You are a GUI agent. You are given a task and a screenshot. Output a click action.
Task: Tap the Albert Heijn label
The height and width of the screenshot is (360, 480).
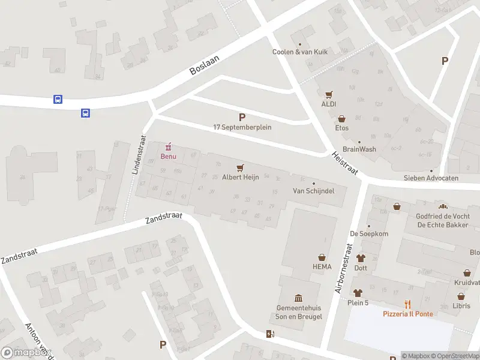point(240,178)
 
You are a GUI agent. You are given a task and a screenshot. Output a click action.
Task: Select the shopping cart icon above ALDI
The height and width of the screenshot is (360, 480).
point(328,95)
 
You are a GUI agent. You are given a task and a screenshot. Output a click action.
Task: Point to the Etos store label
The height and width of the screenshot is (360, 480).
point(342,128)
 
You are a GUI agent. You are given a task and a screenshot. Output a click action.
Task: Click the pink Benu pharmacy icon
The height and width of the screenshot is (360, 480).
point(168,146)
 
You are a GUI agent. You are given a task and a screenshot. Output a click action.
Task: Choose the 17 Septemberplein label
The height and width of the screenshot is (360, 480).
point(242,127)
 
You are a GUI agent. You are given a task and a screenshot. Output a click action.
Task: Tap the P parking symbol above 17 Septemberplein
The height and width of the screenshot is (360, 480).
point(242,117)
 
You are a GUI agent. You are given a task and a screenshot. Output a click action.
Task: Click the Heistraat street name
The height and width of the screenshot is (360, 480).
point(344,163)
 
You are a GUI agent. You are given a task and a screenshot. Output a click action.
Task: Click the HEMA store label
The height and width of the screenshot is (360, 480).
point(322,266)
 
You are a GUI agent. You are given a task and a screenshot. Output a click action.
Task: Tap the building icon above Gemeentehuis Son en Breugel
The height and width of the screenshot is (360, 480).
point(298,298)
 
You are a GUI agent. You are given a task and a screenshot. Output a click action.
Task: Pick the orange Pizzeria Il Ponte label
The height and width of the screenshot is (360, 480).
point(408,314)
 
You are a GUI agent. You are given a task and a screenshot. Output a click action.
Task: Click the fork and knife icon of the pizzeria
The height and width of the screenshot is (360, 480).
point(408,304)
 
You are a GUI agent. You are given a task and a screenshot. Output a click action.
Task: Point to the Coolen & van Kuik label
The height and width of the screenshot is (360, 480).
point(300,52)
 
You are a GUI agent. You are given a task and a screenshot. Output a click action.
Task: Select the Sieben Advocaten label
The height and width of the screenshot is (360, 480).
point(431,178)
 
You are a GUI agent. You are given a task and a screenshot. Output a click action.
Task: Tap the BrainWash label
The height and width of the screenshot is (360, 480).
point(359,149)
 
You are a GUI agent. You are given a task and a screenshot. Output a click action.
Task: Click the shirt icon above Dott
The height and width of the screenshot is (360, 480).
point(361,258)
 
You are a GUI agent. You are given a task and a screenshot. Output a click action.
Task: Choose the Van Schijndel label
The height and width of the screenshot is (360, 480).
point(313,191)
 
